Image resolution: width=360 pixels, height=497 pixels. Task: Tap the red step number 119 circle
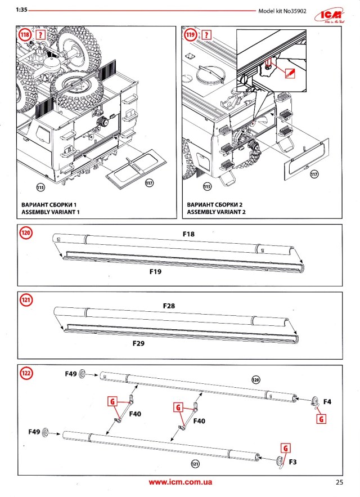[191, 35]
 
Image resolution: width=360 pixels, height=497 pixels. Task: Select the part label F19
[156, 271]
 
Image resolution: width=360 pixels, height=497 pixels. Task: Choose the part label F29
[139, 342]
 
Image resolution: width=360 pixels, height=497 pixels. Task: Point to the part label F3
[292, 462]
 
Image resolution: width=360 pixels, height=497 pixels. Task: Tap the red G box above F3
[286, 448]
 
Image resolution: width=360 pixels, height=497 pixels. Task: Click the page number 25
[339, 482]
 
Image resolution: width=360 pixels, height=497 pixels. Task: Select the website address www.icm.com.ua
[180, 482]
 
